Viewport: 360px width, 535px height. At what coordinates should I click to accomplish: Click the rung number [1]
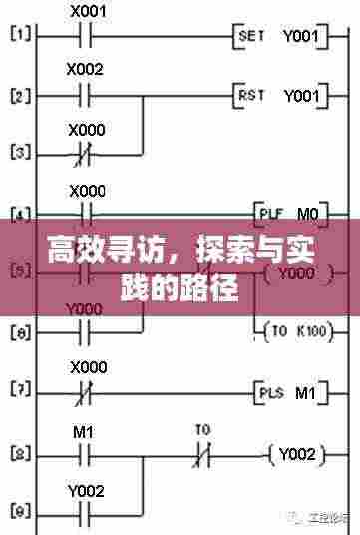[x=20, y=37]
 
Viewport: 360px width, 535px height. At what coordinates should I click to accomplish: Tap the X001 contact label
[x=89, y=12]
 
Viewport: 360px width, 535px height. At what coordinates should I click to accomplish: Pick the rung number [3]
[x=20, y=155]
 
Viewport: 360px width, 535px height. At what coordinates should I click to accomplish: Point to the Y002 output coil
[x=297, y=454]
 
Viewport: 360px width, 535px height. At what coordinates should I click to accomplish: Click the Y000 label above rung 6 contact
[x=85, y=309]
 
